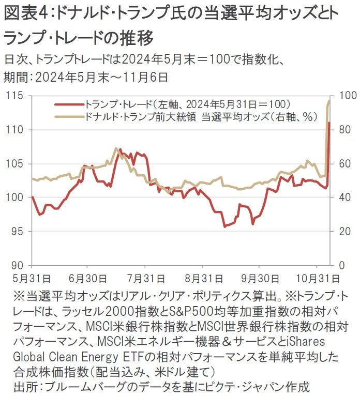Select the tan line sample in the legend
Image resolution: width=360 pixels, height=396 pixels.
(x=69, y=116)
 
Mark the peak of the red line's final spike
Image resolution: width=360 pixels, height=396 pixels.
(x=329, y=123)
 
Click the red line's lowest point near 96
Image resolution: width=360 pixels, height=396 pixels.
(x=224, y=226)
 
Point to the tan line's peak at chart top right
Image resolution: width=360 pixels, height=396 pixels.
(x=329, y=101)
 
